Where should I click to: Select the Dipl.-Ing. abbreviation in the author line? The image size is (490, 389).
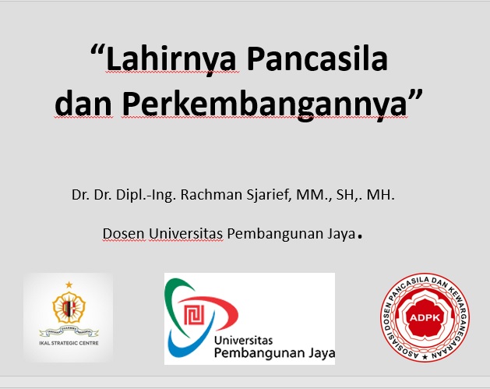click(147, 195)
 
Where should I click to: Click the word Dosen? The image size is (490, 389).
click(122, 233)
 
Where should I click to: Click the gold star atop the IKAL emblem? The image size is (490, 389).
click(68, 285)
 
